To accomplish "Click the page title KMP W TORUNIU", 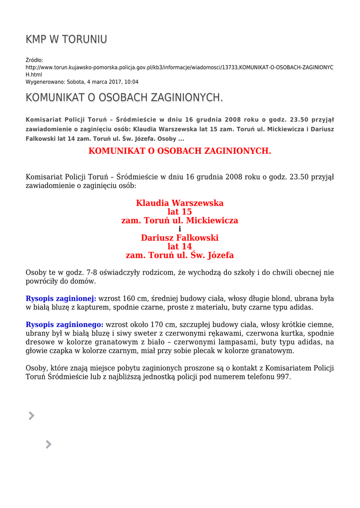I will point(66,40).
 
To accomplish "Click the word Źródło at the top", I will point(34,60).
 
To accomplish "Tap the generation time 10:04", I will point(131,82).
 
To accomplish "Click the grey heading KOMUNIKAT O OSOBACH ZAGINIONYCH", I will point(124,98).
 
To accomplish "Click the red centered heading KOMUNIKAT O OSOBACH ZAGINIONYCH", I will point(180,151).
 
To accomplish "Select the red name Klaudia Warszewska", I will point(180,203).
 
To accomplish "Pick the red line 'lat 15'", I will point(180,212).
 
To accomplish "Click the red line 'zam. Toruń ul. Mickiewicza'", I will point(180,220).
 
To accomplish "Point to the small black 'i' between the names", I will point(180,229).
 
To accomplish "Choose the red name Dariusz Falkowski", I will point(180,238).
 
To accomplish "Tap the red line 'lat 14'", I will point(180,247).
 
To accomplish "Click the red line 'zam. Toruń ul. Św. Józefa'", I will point(180,255).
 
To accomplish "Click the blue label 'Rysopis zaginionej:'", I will point(61,299).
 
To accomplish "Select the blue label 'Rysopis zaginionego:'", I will point(65,324).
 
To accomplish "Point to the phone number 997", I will point(283,376).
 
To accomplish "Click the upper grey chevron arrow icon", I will point(31,416).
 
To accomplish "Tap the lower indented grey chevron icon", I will point(48,444).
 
